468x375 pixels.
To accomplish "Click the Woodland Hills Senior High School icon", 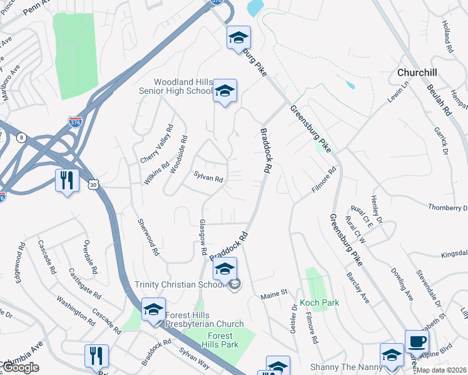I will pyautogui.click(x=225, y=92).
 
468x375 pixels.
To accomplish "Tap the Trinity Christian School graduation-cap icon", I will pyautogui.click(x=225, y=269).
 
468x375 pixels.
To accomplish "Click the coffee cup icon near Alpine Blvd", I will pyautogui.click(x=417, y=342).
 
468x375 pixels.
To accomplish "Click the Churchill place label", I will pyautogui.click(x=417, y=72).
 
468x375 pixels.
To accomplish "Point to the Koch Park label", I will pyautogui.click(x=319, y=302).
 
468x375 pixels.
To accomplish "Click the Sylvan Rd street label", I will pyautogui.click(x=208, y=179).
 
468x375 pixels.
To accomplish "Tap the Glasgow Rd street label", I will pyautogui.click(x=203, y=237).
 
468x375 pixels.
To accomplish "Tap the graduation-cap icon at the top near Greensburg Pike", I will pyautogui.click(x=238, y=38).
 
